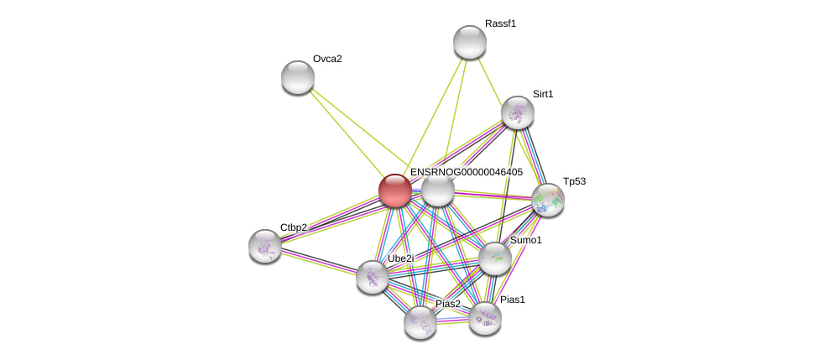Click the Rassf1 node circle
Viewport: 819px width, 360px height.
(469, 42)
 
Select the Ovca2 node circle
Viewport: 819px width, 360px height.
(297, 77)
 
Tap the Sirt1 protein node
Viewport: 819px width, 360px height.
(517, 112)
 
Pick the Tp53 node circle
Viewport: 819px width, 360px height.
(547, 200)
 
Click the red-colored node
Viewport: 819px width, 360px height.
(394, 190)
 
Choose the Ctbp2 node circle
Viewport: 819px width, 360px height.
(265, 246)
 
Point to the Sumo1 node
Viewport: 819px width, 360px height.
(495, 258)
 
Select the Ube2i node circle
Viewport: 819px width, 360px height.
(372, 277)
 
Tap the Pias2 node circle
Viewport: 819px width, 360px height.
(420, 322)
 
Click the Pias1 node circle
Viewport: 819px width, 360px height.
(484, 318)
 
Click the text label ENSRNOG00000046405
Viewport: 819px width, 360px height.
(466, 172)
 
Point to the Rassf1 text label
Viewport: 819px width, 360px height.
(500, 23)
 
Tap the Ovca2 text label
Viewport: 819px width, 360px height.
(327, 59)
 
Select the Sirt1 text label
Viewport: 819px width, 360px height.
(543, 94)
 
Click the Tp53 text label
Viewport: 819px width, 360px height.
(574, 181)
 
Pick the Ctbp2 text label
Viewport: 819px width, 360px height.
(293, 227)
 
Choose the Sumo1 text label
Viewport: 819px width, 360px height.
(525, 240)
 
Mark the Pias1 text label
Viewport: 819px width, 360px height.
(512, 300)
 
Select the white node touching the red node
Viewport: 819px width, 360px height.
(438, 190)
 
